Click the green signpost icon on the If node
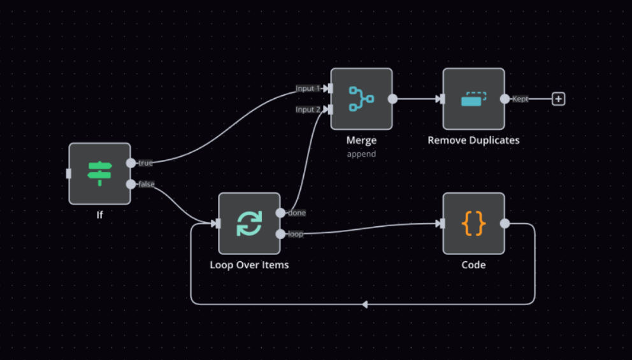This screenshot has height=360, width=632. point(99,174)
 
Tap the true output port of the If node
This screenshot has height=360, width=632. point(131,163)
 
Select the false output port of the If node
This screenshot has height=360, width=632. point(131,184)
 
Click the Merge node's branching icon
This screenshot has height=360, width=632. point(361,99)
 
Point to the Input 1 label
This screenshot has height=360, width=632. point(308,89)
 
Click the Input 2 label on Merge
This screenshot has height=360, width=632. point(308,110)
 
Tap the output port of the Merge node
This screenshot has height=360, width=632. point(392,99)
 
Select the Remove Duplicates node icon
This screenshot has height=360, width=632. point(473,99)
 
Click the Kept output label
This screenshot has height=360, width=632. point(520,99)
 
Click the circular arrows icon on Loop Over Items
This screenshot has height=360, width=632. point(250,224)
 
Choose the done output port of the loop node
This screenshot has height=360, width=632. point(280,213)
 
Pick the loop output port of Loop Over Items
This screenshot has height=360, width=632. point(280,234)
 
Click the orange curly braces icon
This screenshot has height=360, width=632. point(473,224)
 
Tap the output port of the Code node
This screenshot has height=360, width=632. point(505,224)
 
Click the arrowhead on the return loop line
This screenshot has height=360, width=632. point(365,305)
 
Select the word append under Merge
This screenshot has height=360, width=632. point(361,154)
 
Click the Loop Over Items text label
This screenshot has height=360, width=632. point(250,265)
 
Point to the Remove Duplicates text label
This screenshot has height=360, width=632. point(473,140)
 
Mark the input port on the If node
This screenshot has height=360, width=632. point(69,174)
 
